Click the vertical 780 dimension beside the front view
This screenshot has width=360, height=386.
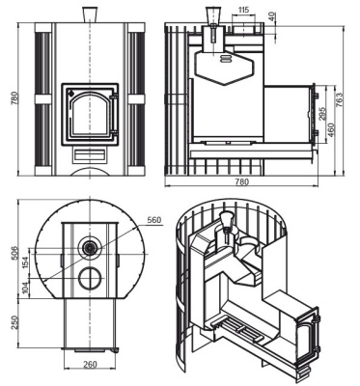tap(14, 98)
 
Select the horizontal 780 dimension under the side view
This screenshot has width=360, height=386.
tap(241, 182)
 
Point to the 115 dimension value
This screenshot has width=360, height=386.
tap(244, 10)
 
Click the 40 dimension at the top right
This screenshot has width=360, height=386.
tap(271, 17)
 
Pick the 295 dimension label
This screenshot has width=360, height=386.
tap(322, 113)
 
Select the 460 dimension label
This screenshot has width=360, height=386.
tap(331, 129)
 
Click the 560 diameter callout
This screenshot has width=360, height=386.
tap(153, 220)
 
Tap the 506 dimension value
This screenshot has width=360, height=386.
tap(14, 254)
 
